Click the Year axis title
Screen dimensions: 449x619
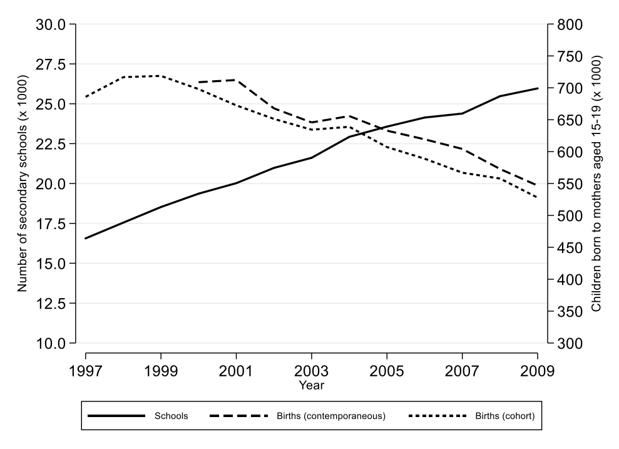coord(311,385)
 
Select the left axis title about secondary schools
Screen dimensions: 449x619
coord(23,183)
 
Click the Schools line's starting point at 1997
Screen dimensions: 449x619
coord(86,239)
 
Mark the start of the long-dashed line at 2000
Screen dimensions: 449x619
coord(198,82)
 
